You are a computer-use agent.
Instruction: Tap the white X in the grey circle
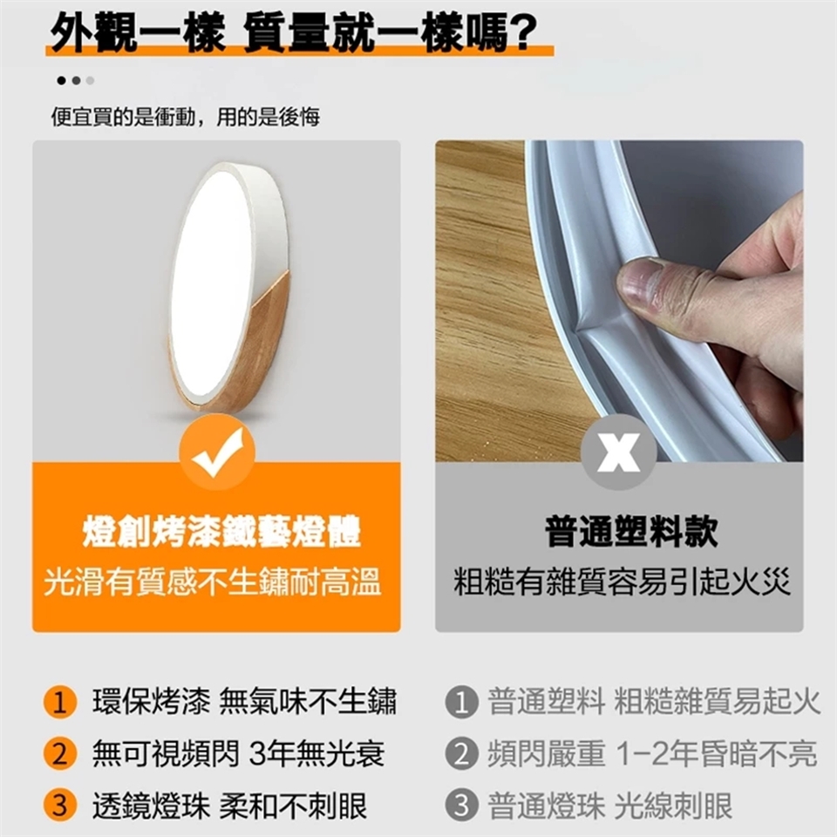coord(618,453)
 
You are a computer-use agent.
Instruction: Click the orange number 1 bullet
coord(60,701)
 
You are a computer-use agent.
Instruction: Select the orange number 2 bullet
coord(60,753)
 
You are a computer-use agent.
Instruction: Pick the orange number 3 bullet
coord(60,805)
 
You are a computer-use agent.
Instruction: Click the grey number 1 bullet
coord(461,701)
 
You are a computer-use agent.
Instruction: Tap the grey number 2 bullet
coord(461,753)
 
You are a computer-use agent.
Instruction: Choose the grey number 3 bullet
coord(461,805)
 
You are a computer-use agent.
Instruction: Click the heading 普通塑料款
coord(631,532)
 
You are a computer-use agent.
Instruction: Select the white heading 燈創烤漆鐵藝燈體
coord(221,532)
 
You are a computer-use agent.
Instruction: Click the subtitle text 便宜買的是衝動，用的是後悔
coord(185,117)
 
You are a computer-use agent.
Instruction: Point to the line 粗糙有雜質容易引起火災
coord(622,582)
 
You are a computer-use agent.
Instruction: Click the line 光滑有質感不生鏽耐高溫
coord(213,582)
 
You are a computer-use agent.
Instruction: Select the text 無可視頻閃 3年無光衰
coord(239,753)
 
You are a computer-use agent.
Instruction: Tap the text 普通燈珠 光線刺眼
coord(610,806)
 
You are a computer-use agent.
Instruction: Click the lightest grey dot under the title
coord(90,80)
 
